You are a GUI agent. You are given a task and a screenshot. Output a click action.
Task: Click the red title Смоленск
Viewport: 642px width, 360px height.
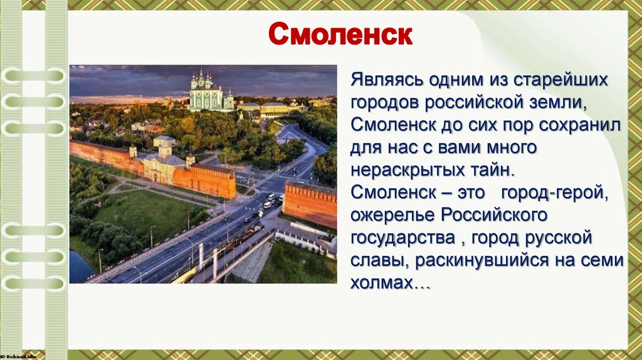pyautogui.click(x=340, y=36)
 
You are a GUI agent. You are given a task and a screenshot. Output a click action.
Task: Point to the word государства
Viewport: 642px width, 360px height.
pyautogui.click(x=404, y=237)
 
